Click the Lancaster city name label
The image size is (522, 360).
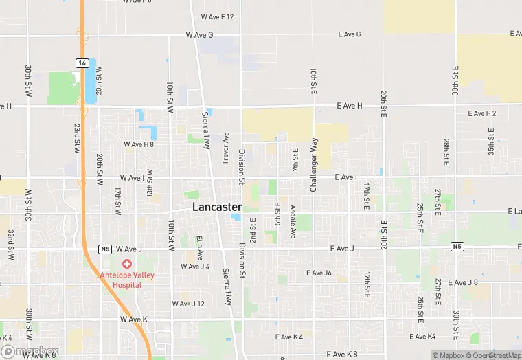click(x=217, y=206)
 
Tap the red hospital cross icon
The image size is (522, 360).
click(x=126, y=264)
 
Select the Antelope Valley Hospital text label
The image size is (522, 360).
click(x=126, y=280)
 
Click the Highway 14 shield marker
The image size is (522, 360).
click(x=82, y=63)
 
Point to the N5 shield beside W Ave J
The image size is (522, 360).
click(x=104, y=249)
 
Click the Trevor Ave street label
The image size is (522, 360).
click(x=225, y=147)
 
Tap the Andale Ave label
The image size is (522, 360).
click(x=293, y=221)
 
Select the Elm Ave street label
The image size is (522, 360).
click(x=200, y=247)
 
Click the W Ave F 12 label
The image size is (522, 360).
click(x=218, y=16)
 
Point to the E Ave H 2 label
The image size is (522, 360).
click(x=481, y=113)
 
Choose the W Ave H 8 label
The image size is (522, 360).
click(x=139, y=144)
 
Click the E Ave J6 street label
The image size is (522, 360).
click(x=319, y=273)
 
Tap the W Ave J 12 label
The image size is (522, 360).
click(x=188, y=303)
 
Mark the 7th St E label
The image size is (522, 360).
click(x=295, y=159)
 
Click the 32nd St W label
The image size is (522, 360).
click(x=10, y=244)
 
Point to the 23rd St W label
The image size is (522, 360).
click(x=78, y=137)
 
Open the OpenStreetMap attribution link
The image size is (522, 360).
click(x=492, y=355)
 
